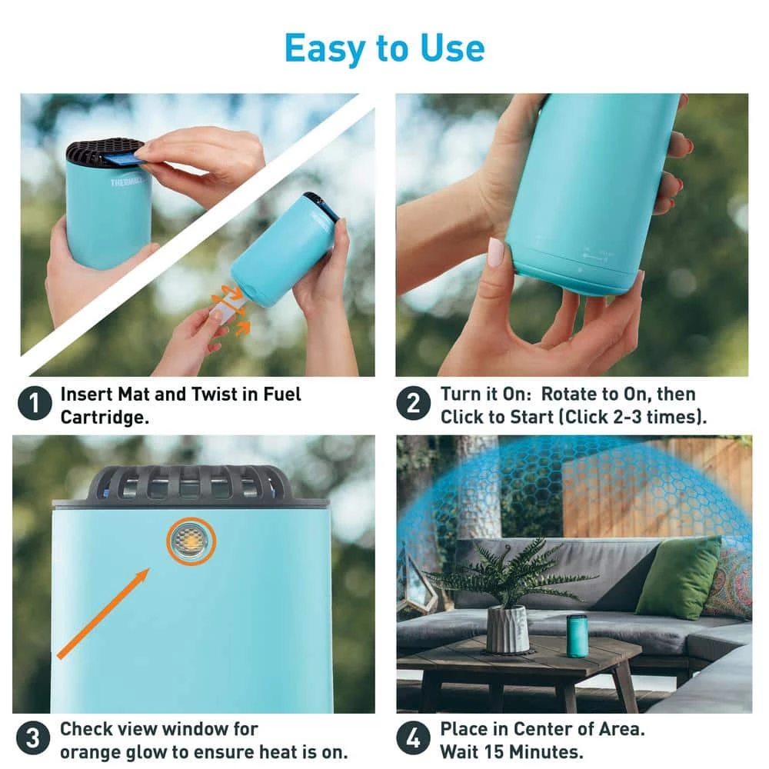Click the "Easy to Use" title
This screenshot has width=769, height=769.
tap(384, 48)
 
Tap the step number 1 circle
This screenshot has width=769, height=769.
tap(34, 404)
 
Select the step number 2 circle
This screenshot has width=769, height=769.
tap(414, 404)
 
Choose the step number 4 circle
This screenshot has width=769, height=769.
tap(414, 739)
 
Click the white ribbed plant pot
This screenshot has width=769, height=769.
tap(508, 629)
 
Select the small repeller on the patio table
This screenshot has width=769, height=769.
tap(577, 635)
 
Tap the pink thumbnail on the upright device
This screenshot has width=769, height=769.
tap(495, 252)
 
